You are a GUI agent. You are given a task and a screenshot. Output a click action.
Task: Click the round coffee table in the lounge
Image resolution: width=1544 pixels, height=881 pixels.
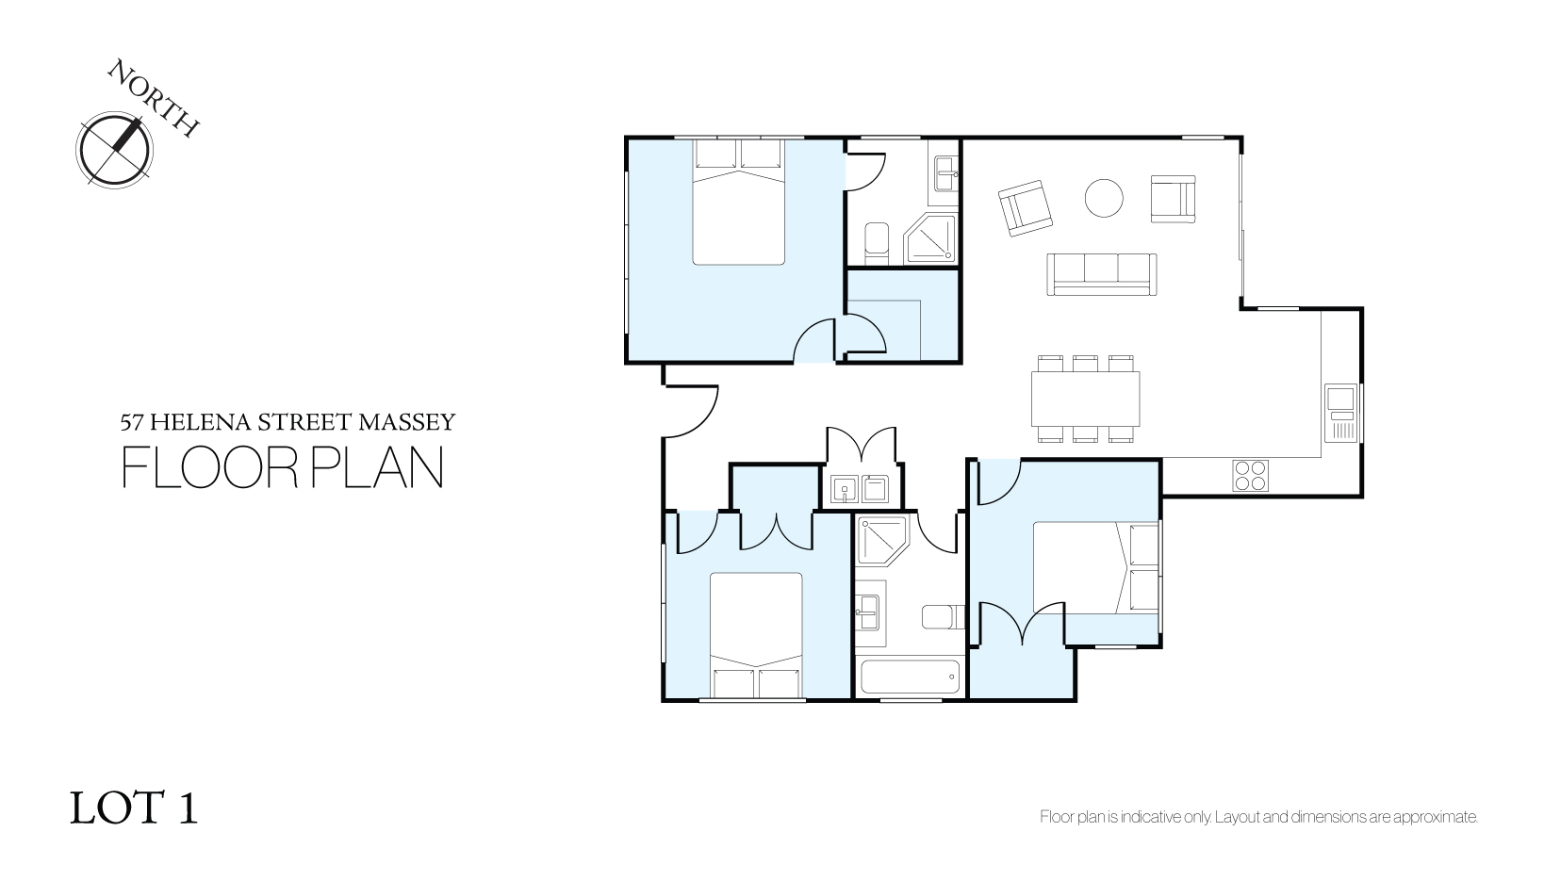tap(1104, 198)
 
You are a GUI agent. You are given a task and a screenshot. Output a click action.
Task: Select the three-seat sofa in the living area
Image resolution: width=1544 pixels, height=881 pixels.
tap(1102, 274)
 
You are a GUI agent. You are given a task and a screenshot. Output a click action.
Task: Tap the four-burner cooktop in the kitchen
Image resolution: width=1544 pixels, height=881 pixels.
tap(1250, 475)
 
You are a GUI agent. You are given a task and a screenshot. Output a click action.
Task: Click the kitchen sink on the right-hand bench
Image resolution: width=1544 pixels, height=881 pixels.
tap(1340, 413)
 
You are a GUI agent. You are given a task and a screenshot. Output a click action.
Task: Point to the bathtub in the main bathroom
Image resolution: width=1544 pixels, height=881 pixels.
tap(910, 677)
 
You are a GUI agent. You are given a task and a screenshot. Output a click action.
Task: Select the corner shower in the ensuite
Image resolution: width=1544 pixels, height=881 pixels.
tap(930, 238)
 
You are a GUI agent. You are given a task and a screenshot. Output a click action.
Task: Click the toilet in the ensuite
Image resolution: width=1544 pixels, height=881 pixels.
tap(877, 243)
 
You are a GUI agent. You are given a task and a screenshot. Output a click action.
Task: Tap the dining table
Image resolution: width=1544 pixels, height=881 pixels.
tap(1085, 399)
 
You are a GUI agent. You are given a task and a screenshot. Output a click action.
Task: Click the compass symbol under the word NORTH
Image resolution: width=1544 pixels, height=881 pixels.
tap(114, 150)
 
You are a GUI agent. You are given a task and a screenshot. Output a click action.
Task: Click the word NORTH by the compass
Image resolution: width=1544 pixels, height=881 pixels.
tap(154, 97)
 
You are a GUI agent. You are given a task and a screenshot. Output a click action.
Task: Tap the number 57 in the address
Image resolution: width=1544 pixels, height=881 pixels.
tap(132, 422)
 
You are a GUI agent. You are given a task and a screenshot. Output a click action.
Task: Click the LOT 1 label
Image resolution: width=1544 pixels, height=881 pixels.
tap(134, 808)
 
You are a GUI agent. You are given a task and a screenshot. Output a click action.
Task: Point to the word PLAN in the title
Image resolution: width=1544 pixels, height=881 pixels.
tap(376, 467)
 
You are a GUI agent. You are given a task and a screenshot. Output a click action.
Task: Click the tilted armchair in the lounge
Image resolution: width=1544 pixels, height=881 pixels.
tap(1025, 208)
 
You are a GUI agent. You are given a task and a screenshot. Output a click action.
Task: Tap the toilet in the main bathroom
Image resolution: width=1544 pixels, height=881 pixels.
tap(943, 616)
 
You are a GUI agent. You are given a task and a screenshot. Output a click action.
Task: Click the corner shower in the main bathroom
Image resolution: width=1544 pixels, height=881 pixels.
tap(882, 540)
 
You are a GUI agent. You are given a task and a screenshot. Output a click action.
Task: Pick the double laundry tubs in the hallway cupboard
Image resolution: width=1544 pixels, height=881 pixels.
tap(860, 489)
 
